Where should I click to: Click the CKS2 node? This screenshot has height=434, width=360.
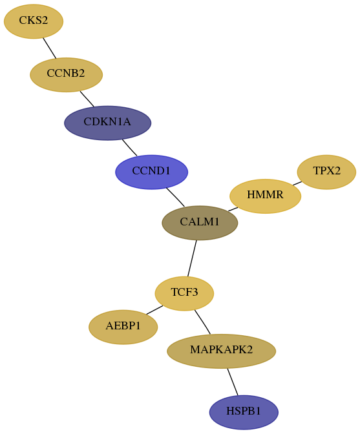coord(34,21)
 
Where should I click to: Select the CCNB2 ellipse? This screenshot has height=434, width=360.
coord(66,75)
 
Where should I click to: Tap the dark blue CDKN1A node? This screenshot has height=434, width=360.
coord(107,123)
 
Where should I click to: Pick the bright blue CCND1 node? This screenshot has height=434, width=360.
coord(151,172)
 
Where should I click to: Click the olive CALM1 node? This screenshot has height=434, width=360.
coord(200,223)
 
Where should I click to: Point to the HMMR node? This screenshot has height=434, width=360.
coord(265,196)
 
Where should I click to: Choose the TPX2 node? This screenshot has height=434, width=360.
coord(326,172)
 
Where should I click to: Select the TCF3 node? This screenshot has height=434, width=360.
coord(184,293)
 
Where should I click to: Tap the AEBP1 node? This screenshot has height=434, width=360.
coord(123,327)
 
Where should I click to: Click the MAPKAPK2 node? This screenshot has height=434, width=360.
coord(221,351)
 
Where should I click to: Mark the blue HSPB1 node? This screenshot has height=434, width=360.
coord(244,412)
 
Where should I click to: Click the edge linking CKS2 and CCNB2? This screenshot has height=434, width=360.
coord(50,48)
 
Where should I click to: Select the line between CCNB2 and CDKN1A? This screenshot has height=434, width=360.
coord(87,99)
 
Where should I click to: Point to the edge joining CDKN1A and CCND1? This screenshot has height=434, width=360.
coord(129,147)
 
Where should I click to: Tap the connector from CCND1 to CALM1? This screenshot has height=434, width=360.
coord(176,197)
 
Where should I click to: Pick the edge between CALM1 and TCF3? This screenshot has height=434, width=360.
coord(192,258)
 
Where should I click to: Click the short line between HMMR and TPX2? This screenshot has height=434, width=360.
coord(297,183)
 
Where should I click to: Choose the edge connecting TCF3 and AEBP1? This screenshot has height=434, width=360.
coord(154,310)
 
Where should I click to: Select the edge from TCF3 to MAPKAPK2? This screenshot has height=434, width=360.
coord(203,322)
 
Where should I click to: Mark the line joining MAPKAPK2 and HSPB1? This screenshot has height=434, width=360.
coord(233,382)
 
